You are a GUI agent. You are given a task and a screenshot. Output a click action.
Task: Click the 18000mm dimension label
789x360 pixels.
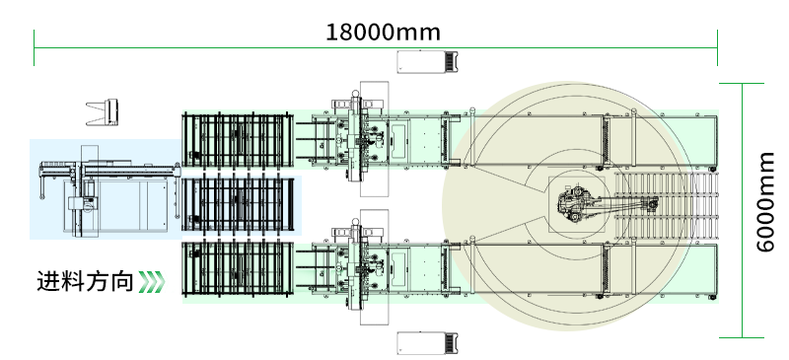[x=384, y=33]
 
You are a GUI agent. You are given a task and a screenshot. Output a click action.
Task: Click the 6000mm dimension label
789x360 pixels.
[x=765, y=201]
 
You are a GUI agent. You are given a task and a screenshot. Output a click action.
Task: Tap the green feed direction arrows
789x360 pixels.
[x=151, y=282]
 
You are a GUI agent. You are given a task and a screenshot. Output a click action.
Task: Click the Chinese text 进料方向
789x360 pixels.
[x=85, y=281]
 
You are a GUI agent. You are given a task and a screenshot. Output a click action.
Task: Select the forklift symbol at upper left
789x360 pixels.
[x=103, y=112]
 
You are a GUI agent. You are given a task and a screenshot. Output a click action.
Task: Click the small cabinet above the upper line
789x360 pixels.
[x=427, y=62]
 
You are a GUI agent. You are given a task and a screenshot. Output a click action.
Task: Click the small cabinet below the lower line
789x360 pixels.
[x=427, y=343]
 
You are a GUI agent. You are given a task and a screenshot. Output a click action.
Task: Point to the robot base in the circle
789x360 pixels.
[x=576, y=204]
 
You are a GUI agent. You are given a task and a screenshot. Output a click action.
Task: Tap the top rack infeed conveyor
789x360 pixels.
[x=238, y=140]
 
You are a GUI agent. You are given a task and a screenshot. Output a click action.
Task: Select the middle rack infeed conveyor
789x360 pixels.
[x=238, y=204]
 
